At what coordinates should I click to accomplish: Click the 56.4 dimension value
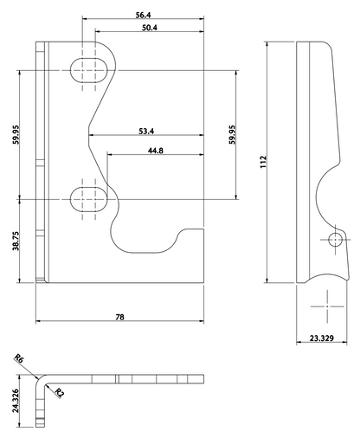point(144,15)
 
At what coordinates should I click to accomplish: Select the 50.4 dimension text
point(150,28)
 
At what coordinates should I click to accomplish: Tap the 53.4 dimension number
point(146,132)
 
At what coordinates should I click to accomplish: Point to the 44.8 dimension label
point(156,151)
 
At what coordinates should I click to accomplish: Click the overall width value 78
point(119,317)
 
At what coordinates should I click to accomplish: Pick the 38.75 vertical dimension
point(16,241)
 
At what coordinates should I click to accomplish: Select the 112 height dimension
point(263,162)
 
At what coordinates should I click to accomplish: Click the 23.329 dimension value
point(322,338)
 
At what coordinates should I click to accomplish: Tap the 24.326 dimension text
point(16,401)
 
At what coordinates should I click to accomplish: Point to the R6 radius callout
point(19,358)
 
